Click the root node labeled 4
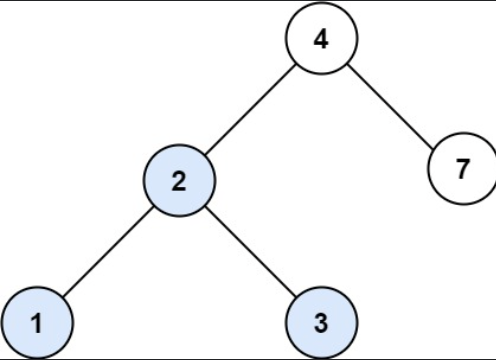[x=320, y=40]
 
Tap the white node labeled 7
[x=461, y=169]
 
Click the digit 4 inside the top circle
[x=320, y=40]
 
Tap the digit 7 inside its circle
[x=461, y=169]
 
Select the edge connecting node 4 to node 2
[x=250, y=110]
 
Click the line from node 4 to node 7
[x=390, y=104]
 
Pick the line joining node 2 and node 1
[x=108, y=251]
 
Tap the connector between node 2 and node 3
[x=250, y=251]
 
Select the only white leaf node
[x=461, y=169]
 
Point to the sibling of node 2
[x=461, y=169]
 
